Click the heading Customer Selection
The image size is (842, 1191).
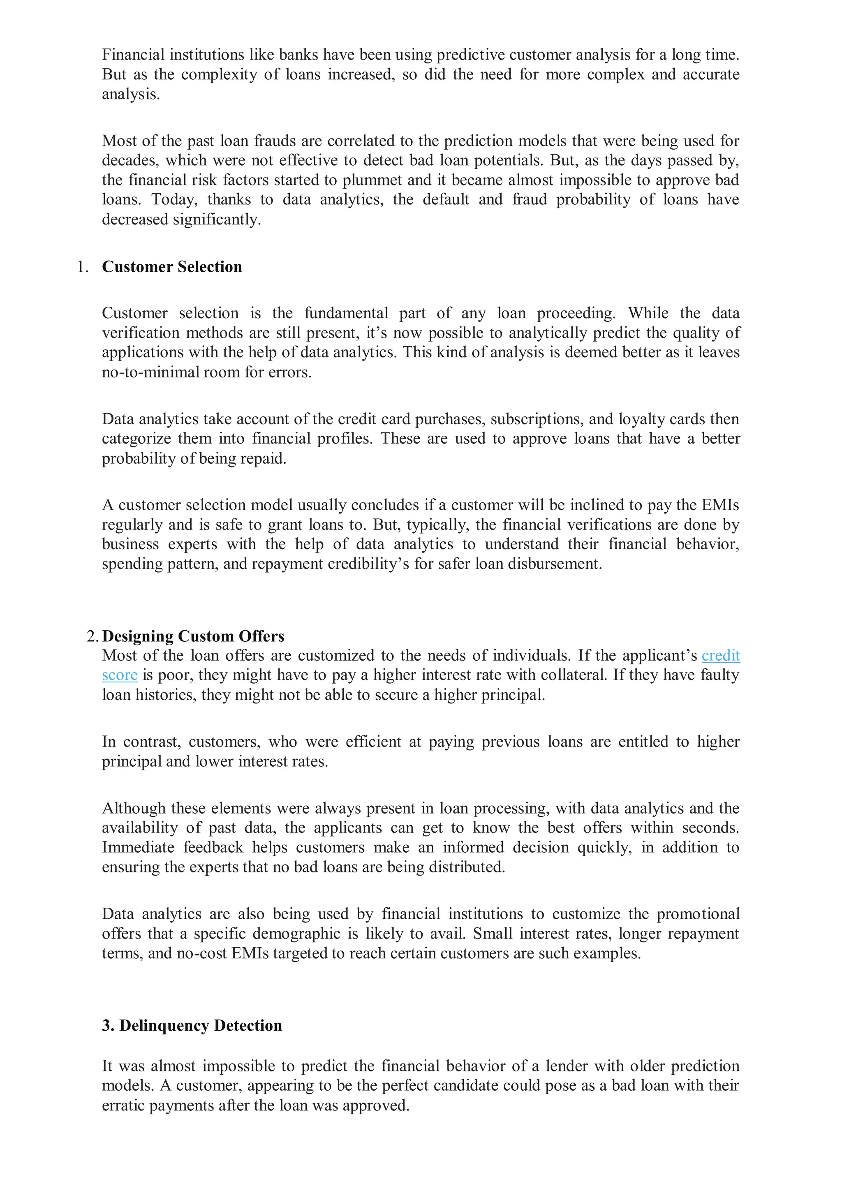(172, 267)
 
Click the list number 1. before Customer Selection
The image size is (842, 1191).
(83, 267)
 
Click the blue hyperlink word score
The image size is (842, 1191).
(119, 675)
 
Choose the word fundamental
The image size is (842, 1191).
(346, 313)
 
